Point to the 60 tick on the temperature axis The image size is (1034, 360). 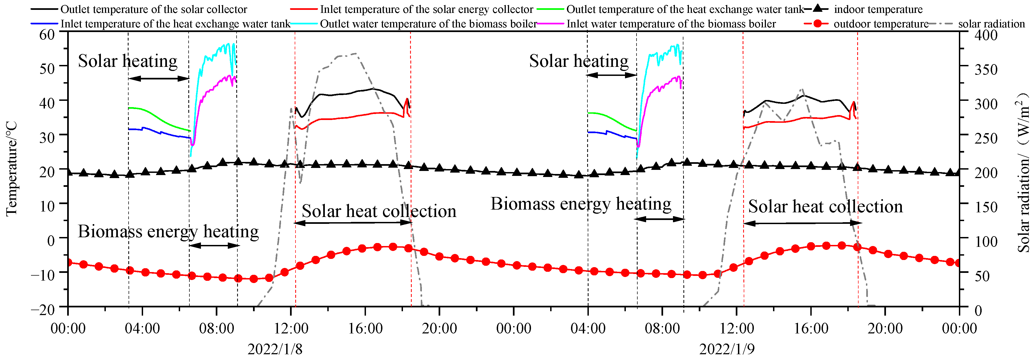coord(47,35)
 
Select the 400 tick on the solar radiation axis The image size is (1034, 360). coord(986,35)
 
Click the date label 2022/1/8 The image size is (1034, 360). coord(275,349)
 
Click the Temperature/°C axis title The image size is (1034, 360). coord(12,168)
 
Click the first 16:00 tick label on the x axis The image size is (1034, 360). coord(365,328)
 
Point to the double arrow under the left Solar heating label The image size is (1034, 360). coord(158,79)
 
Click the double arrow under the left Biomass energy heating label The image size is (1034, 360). coord(214,245)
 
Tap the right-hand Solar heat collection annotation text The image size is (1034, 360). coord(825,207)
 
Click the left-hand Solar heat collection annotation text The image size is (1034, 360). coord(379,211)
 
